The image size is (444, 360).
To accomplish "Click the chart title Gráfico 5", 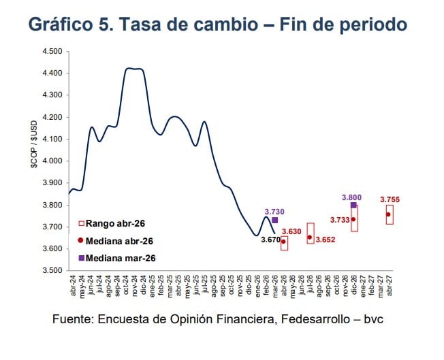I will coord(217,24).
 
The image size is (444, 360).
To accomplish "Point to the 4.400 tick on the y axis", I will coord(52,73).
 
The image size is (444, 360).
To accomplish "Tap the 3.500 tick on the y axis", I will coord(52,271).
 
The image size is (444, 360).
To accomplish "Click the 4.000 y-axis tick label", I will coord(52,161).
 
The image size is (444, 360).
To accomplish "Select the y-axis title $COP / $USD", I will coord(33,161).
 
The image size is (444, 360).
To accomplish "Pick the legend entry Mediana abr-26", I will coord(116,241).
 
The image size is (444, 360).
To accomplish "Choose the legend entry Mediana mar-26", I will coord(116,258).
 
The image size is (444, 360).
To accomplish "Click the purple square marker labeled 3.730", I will coord(275,220).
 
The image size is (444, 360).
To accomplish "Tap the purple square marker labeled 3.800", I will coord(353,205).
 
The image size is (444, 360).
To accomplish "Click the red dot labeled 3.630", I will coord(283,242).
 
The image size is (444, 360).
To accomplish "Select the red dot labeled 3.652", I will coord(310,238).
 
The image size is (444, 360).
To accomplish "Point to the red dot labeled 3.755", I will coord(389,214).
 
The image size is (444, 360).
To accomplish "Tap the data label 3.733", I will coord(338,220).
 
